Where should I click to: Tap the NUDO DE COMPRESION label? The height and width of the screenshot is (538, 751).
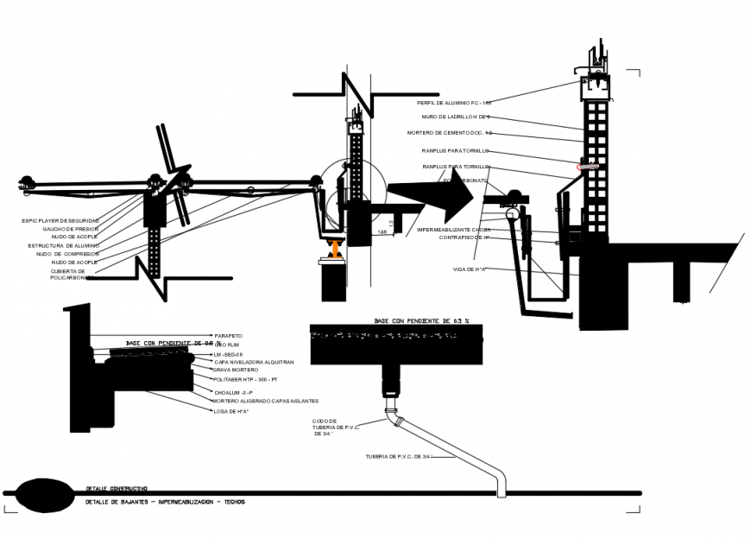click(x=67, y=254)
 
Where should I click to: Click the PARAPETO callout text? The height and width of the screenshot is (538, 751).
click(x=228, y=335)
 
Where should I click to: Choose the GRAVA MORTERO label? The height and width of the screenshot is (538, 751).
click(x=236, y=370)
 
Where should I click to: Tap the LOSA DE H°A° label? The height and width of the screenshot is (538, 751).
click(x=231, y=411)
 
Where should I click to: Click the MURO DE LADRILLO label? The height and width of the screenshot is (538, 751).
click(x=456, y=117)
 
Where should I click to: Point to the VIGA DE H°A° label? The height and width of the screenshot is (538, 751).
click(x=470, y=270)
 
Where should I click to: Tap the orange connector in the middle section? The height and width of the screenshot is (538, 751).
click(x=336, y=250)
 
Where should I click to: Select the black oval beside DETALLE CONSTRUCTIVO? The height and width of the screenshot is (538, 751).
click(x=44, y=494)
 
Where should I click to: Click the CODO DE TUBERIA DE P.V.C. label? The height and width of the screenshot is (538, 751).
click(x=336, y=427)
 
